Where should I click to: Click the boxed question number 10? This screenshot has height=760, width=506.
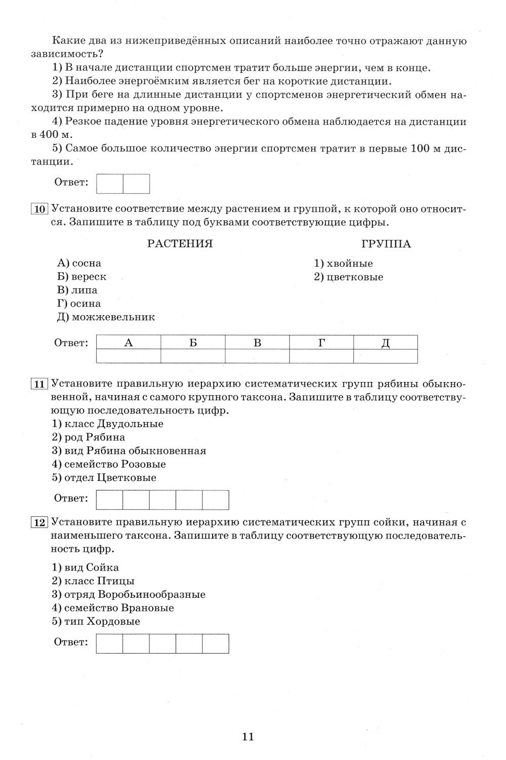tap(39, 209)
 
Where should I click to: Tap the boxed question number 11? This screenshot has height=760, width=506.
tap(39, 384)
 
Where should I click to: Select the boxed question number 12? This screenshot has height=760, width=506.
tap(39, 522)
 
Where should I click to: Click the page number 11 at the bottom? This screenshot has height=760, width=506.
tap(248, 736)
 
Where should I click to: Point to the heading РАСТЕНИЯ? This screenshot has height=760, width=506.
tap(180, 244)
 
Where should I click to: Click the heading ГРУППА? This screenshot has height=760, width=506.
tap(386, 244)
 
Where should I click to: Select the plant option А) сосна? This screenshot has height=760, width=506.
tap(79, 263)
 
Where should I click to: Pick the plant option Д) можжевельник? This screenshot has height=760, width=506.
tap(106, 317)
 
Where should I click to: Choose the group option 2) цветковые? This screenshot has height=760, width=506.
tap(349, 277)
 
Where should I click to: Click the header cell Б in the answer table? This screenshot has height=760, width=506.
tap(193, 343)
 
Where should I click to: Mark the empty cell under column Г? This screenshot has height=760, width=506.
tap(321, 357)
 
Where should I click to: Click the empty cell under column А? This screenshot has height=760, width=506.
tap(129, 357)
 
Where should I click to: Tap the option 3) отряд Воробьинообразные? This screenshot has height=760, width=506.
tap(129, 594)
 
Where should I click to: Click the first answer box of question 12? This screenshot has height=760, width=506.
tap(109, 643)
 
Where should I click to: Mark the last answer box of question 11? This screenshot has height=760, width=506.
tap(216, 500)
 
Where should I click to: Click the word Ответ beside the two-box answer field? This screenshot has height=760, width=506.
tap(71, 182)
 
